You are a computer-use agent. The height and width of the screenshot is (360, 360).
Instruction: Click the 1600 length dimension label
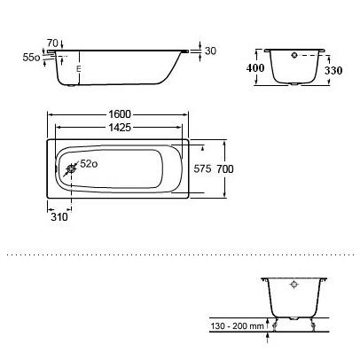tap(120, 114)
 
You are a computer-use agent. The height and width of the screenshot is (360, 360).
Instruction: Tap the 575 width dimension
tap(202, 168)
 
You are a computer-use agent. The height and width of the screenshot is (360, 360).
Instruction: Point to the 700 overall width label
tap(225, 169)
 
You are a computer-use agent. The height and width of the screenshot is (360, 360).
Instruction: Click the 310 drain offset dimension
tap(59, 217)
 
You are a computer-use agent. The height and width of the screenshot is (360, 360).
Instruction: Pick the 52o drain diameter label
tap(89, 164)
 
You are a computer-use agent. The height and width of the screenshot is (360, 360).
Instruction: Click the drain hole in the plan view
tap(72, 169)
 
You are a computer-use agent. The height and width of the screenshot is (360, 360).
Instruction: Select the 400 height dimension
tap(255, 68)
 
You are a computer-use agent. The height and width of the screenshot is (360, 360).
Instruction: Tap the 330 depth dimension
tap(333, 70)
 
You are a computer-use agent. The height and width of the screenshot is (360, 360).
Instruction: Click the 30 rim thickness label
tap(210, 51)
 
